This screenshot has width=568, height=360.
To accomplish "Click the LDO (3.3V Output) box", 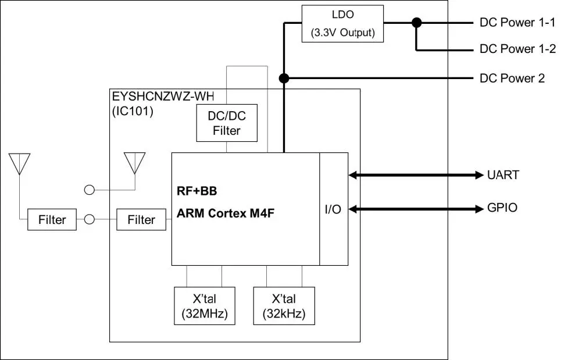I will pos(343,23).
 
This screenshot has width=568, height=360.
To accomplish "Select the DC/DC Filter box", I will pos(226,123).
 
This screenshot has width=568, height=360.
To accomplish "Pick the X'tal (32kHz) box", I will pos(283,306).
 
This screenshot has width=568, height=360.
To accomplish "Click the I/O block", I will pos(333,209).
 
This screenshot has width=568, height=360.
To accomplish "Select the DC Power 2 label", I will pos(512,78).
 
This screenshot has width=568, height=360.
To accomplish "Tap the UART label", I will pos(503,174).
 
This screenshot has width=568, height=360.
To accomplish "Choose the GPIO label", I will pos(502,208).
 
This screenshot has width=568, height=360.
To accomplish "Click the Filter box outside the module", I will pos(52,220).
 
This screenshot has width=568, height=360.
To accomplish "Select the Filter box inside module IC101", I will pos(141,220).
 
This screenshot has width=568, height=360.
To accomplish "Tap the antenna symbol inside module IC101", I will pos(135,163).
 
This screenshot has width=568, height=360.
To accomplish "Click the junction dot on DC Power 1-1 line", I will pos(416,23).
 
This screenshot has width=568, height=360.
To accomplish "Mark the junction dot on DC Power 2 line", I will pos(284,78).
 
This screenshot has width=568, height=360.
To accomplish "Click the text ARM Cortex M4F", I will pos(226,213).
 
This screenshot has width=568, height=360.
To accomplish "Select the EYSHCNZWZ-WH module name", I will pos(162,97).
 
